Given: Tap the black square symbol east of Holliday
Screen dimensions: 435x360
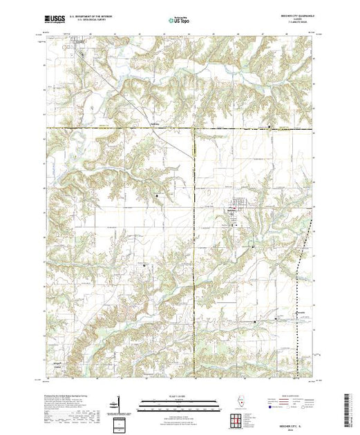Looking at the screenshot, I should click(269, 126).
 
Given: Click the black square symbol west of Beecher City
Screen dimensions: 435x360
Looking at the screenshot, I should click(157, 197).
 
